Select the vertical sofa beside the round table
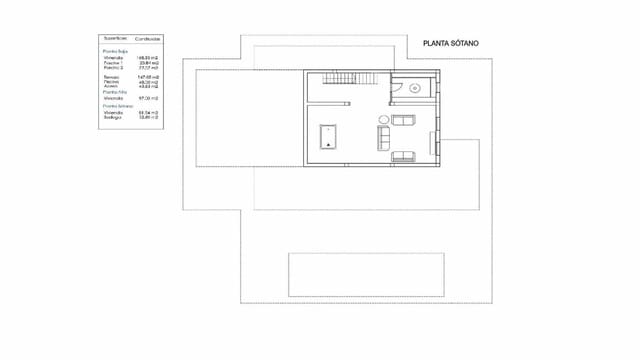click(384, 139)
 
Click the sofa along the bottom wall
click(405, 156)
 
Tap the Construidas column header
click(148, 38)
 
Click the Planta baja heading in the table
click(115, 50)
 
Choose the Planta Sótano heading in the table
click(117, 106)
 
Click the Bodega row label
click(113, 118)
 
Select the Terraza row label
click(111, 75)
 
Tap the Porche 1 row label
click(113, 63)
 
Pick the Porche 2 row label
click(113, 68)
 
